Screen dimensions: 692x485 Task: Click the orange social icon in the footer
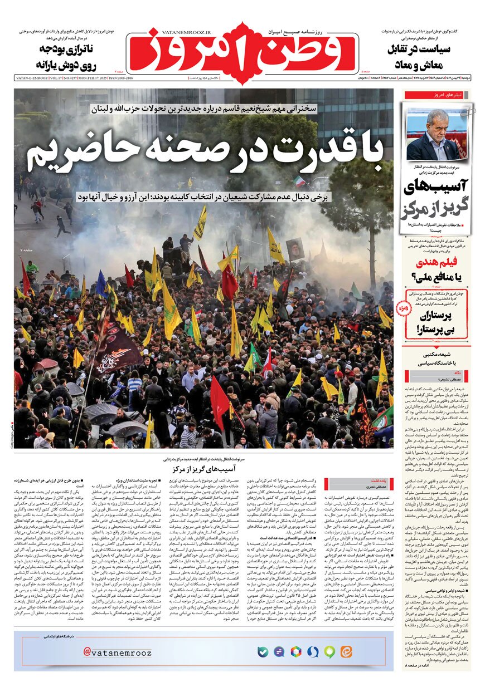346,651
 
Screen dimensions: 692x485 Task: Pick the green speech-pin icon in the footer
329,651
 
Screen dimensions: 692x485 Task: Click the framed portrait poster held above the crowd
295,249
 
